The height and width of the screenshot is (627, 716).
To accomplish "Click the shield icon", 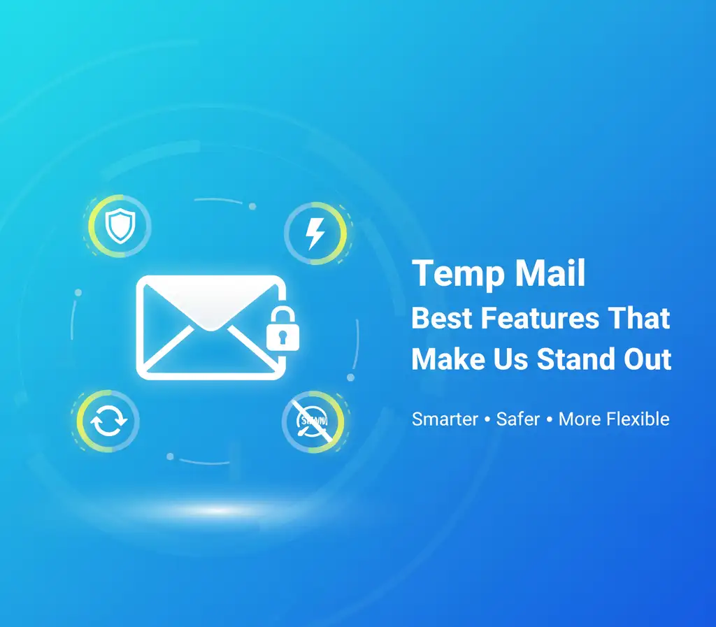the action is tap(120, 226).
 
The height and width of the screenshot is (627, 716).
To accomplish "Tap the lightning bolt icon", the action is tap(315, 233).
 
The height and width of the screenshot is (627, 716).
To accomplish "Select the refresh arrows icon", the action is tap(108, 421).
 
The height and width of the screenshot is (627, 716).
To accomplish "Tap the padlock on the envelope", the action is tap(282, 329).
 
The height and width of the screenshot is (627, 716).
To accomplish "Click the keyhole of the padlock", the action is tap(282, 338).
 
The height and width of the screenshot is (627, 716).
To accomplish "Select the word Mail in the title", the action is tap(550, 273).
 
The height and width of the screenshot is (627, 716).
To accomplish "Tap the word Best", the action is tap(442, 318).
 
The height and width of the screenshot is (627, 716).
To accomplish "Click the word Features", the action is tap(540, 318).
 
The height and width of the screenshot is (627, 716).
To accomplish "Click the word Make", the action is tap(448, 359).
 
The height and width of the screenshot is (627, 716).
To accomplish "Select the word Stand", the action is tap(575, 359).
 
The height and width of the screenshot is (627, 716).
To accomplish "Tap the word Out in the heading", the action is tap(647, 359).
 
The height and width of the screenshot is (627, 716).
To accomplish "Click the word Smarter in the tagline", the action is tap(445, 419).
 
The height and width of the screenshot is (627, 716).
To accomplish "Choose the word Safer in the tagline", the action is tap(518, 419).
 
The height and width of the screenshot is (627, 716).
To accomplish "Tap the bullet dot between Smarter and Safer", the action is tap(487, 419).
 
